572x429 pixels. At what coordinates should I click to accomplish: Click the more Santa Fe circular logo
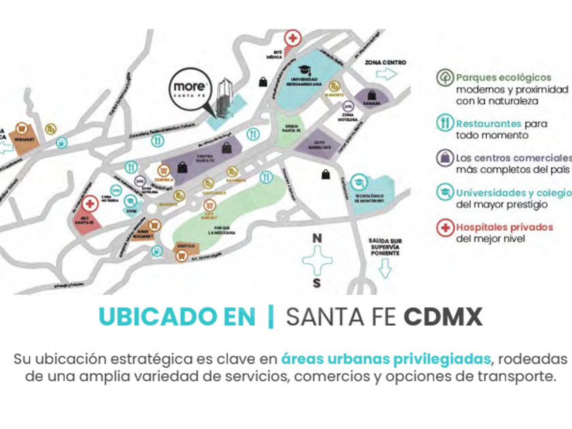(x=190, y=90)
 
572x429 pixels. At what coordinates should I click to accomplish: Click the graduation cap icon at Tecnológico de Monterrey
(x=358, y=181)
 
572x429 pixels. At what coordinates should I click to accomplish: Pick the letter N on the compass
(x=316, y=238)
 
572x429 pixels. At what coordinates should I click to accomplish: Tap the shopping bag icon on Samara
(x=371, y=94)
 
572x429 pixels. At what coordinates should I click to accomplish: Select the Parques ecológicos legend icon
(x=445, y=78)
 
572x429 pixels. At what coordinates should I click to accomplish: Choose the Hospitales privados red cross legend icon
(x=445, y=227)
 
